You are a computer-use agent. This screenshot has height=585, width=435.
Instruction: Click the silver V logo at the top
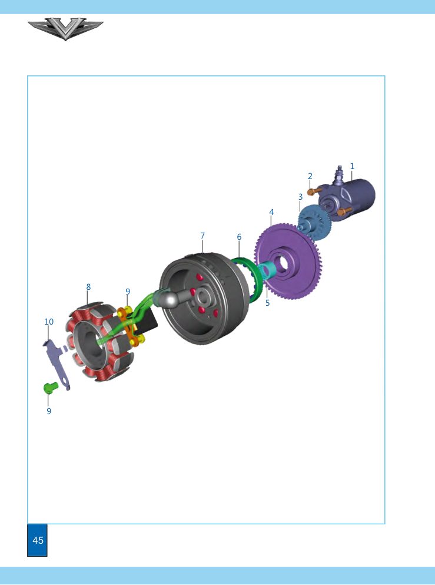click(x=65, y=28)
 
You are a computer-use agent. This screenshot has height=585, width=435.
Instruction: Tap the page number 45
click(x=38, y=540)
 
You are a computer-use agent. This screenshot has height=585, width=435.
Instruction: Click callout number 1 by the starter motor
click(x=352, y=166)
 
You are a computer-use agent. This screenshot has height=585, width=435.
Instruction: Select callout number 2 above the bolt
click(x=310, y=176)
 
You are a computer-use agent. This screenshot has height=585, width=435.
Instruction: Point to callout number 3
click(x=300, y=197)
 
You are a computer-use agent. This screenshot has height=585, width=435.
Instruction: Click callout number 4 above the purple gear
click(x=271, y=212)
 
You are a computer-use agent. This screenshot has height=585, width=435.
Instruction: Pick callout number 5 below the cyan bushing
click(x=267, y=303)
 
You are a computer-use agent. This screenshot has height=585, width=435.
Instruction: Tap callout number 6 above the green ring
click(x=239, y=237)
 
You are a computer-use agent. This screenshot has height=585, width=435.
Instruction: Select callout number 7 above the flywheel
click(x=202, y=236)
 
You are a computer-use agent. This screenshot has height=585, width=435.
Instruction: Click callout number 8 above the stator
click(x=88, y=287)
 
